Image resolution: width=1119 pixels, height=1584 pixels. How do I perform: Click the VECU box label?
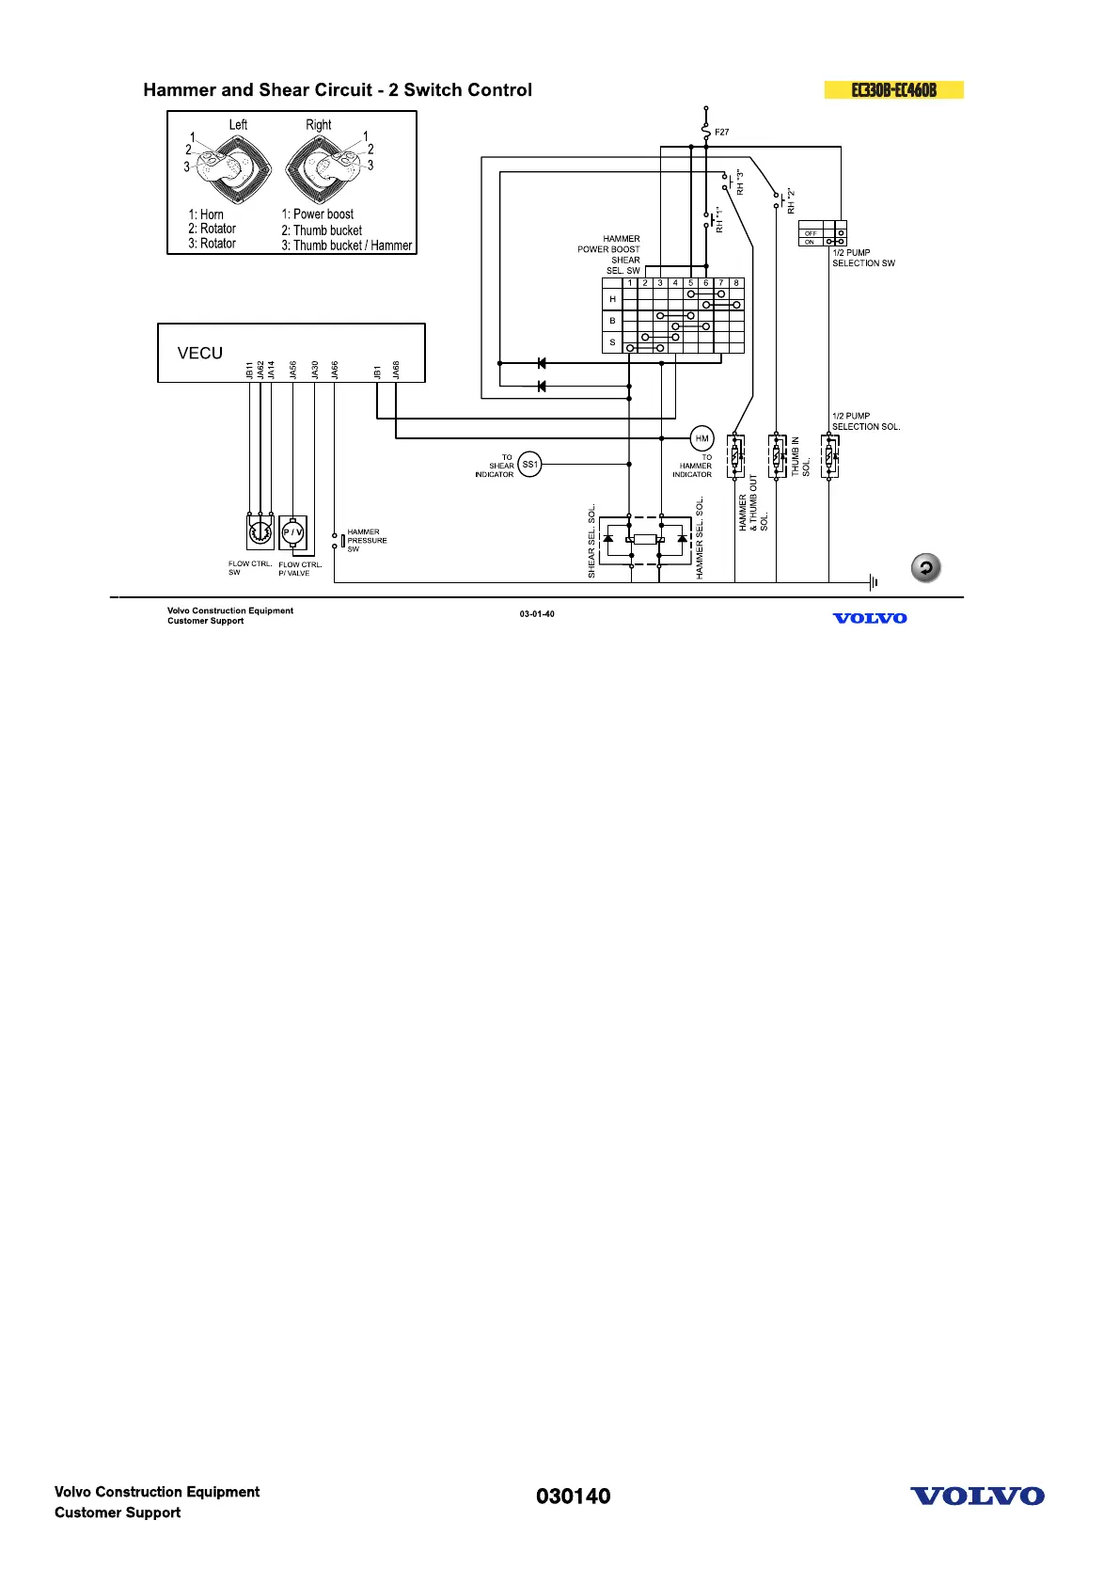coord(200,354)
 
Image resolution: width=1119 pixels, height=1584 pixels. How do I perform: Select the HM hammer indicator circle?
coord(701,438)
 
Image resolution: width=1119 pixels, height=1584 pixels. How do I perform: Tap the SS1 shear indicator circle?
coord(530,464)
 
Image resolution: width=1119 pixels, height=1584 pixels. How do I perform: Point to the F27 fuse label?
coord(721,133)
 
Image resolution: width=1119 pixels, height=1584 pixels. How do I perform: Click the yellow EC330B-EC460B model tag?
coord(894,90)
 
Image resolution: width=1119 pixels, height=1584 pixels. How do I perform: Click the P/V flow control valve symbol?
coord(293,532)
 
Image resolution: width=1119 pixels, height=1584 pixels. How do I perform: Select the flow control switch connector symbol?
coord(260,532)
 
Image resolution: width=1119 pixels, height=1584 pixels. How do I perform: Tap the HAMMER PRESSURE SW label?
coord(367,541)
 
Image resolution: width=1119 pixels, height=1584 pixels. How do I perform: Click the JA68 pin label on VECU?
coord(396,371)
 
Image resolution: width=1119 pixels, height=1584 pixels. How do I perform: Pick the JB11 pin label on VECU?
coord(250,371)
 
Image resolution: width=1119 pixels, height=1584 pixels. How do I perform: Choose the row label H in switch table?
coord(612,299)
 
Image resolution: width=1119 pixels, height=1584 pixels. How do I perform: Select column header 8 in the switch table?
coord(736,282)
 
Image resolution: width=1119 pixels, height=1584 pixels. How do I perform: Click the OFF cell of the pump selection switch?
coord(811,233)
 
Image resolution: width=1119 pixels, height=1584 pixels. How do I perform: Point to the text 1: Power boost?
coord(318,214)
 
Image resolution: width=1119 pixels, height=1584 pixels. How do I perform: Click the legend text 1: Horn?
coord(206,214)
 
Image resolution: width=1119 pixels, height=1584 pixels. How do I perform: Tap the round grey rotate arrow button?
coord(926,568)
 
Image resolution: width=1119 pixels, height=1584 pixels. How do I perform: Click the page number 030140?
coord(573,1497)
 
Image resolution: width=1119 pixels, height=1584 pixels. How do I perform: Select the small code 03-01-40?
coord(537,614)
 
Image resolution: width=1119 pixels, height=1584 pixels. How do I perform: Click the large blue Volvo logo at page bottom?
coord(977,1497)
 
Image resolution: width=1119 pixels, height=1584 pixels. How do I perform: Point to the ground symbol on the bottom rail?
coord(875,582)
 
